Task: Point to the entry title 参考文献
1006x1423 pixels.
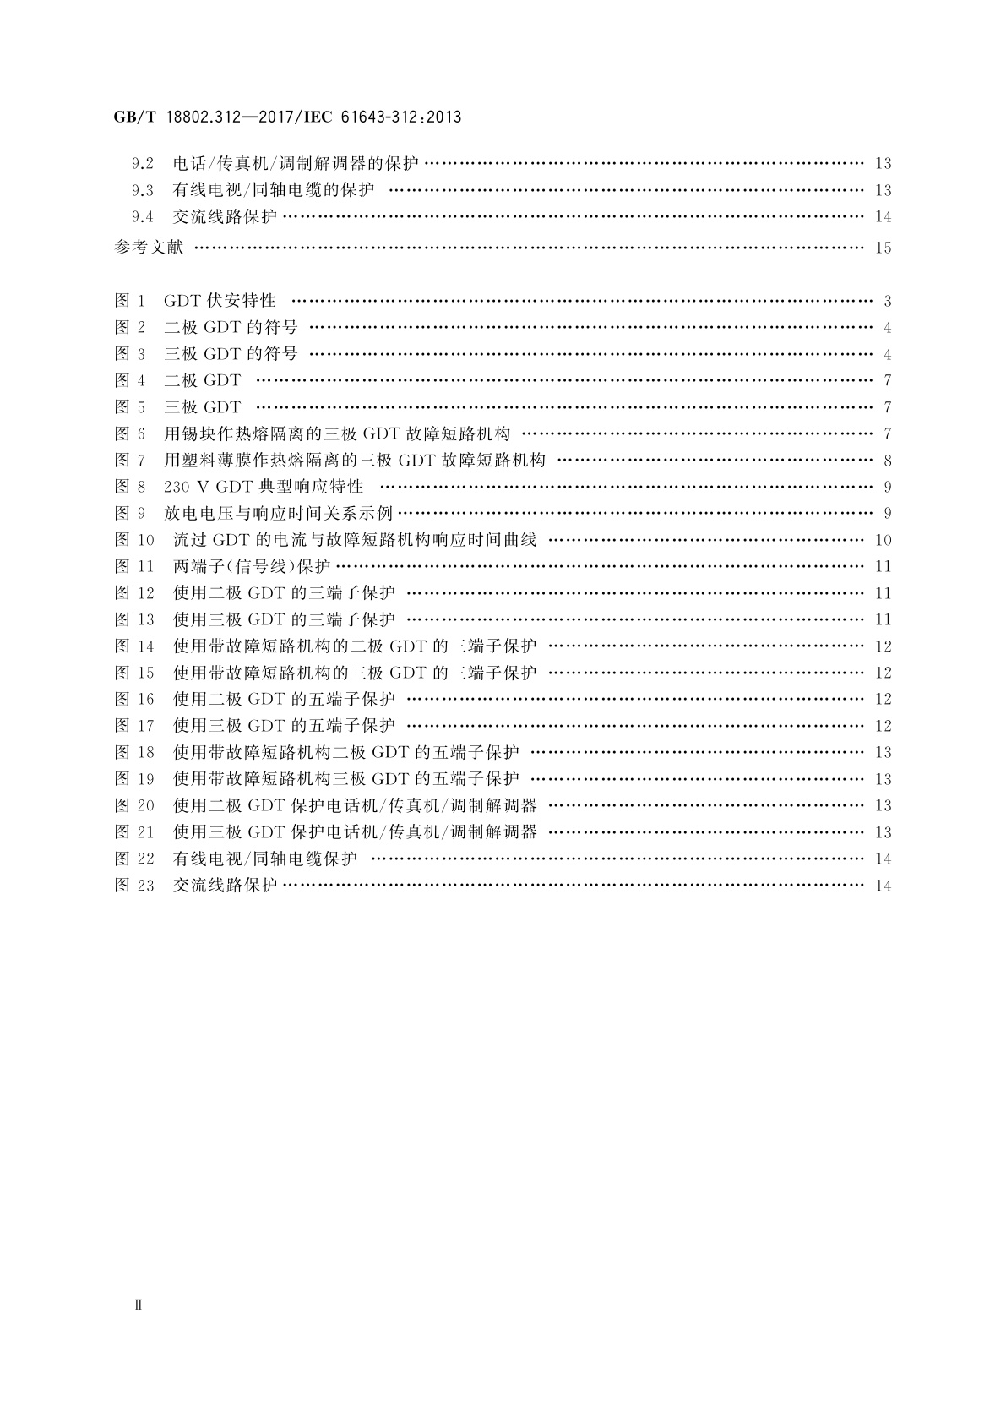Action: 149,248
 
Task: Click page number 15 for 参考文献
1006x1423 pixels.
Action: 884,248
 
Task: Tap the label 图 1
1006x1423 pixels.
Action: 130,301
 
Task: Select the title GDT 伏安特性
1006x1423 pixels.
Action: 220,301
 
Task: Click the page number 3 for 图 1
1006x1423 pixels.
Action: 887,301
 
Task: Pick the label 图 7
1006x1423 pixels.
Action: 130,461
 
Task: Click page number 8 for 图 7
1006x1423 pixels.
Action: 887,461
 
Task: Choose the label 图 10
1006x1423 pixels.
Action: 134,540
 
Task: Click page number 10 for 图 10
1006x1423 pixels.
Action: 884,540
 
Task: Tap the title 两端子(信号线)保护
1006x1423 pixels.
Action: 252,566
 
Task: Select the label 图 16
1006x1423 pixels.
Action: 134,699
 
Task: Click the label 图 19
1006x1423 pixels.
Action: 134,778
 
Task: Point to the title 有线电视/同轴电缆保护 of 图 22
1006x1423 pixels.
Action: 265,859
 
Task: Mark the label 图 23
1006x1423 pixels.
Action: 134,886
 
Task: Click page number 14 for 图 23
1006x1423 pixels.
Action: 884,886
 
